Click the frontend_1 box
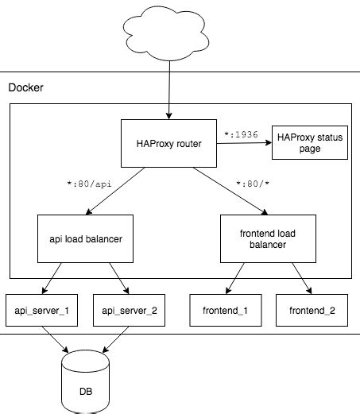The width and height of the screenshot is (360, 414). tap(223, 310)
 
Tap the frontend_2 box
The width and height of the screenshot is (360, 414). tap(310, 310)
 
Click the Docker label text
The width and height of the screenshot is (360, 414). tap(25, 87)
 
